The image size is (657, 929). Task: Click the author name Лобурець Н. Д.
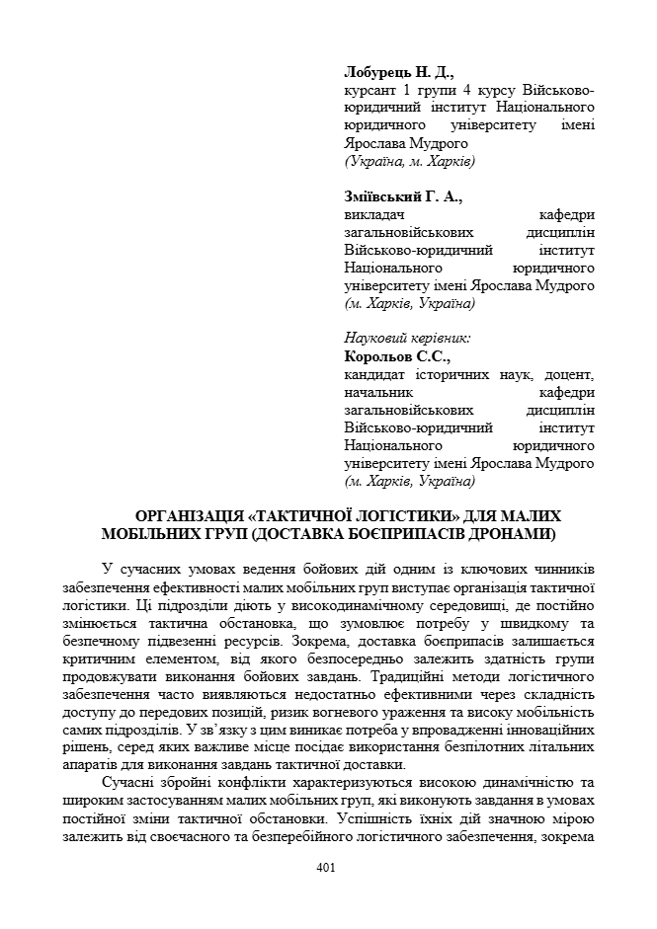point(398,72)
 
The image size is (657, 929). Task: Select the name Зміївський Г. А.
point(402,196)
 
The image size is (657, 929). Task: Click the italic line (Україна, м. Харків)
point(409,160)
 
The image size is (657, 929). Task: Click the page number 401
point(328,868)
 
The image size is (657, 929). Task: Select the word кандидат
point(374,374)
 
